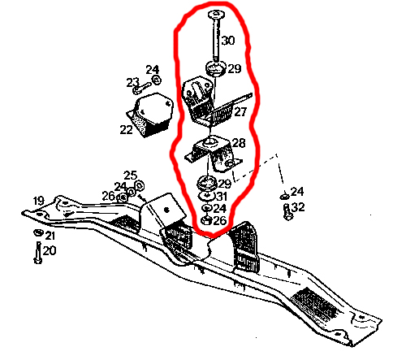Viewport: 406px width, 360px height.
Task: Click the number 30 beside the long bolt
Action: coord(228,41)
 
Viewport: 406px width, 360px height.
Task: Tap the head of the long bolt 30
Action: coord(216,14)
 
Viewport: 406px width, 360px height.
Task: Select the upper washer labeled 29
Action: coord(215,68)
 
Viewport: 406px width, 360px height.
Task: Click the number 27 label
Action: coord(240,111)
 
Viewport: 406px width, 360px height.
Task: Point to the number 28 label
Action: coord(239,143)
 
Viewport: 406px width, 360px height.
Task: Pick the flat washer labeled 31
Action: coord(207,196)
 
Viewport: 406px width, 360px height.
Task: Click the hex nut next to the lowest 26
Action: coord(207,220)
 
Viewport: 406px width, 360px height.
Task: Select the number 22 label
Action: coord(126,130)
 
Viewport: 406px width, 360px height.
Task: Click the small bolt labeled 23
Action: coord(142,88)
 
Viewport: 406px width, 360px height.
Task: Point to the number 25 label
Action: coord(130,176)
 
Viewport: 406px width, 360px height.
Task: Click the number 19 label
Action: coord(38,201)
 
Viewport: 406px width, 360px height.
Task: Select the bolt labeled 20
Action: coord(38,253)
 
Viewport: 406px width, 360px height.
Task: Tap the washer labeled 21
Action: coord(38,232)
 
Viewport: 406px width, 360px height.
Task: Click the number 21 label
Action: coord(50,236)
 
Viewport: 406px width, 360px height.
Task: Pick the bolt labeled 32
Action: coord(287,212)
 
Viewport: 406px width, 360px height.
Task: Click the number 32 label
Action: coord(299,207)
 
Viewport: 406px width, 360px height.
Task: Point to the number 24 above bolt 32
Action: coord(297,192)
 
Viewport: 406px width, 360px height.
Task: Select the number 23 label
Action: coord(133,82)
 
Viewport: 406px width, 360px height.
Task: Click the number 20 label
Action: coord(50,250)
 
